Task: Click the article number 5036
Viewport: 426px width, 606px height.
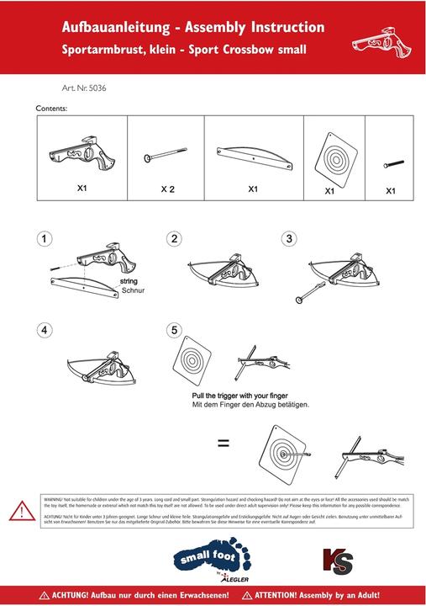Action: (83, 88)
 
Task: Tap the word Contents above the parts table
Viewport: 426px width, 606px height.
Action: (51, 109)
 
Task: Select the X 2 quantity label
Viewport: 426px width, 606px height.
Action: (168, 190)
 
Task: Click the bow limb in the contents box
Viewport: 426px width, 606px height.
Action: (252, 155)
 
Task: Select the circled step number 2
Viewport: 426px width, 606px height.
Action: (174, 239)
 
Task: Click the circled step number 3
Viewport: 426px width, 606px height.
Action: (289, 239)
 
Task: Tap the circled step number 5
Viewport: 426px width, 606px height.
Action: (174, 330)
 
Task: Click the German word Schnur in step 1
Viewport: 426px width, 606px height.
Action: (133, 290)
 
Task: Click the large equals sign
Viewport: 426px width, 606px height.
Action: (224, 442)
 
